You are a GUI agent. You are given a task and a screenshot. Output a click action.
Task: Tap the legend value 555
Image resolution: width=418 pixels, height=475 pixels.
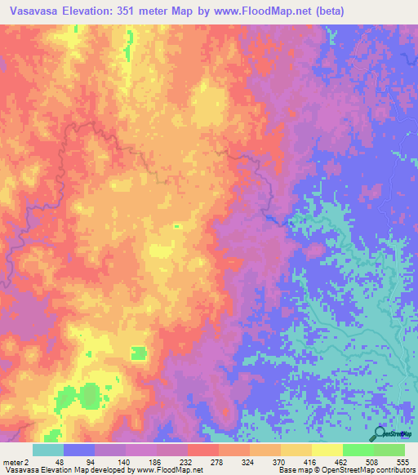[x=402, y=462]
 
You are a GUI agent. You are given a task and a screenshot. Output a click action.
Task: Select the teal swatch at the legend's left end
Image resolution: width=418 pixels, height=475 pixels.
[x=48, y=450]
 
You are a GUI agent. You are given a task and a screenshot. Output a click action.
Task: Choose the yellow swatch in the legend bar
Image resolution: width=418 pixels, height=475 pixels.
[x=327, y=450]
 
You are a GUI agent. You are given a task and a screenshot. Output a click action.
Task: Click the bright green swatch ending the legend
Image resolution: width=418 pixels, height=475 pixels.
[x=389, y=450]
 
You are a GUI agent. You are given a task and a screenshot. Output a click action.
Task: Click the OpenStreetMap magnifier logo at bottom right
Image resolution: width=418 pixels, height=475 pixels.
[x=379, y=434]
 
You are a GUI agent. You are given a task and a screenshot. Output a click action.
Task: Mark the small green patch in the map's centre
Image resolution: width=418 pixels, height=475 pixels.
[x=177, y=226]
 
